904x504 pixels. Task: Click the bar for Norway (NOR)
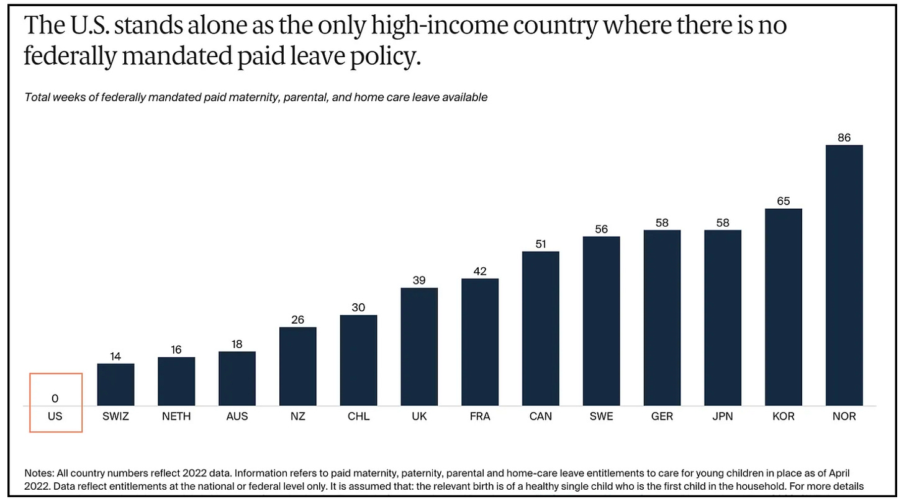tap(844, 275)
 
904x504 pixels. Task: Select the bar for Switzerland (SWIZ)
tap(115, 385)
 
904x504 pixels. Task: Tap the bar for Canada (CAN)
tap(540, 329)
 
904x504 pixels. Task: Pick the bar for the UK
tap(419, 347)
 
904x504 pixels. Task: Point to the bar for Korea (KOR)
tap(783, 307)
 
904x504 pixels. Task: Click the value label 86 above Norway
tap(844, 137)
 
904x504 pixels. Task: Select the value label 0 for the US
tap(55, 398)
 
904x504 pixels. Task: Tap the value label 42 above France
tap(479, 271)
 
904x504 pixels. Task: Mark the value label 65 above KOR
tap(783, 201)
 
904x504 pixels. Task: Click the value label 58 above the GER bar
tap(662, 222)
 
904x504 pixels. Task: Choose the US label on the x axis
tap(55, 416)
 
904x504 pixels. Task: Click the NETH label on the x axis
tap(176, 416)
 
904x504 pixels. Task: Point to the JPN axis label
tap(722, 416)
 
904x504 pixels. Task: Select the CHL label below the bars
tap(358, 416)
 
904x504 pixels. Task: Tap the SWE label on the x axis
tap(601, 416)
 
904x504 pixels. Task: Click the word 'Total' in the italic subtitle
tap(37, 97)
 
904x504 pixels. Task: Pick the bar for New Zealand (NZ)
tap(297, 367)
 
